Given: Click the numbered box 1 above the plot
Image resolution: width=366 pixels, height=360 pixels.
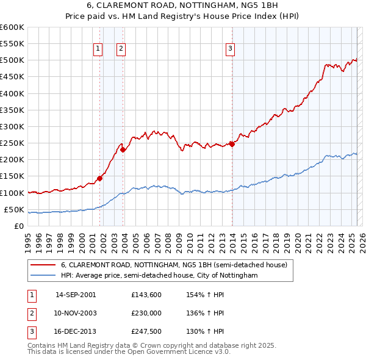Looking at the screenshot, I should click(x=98, y=49).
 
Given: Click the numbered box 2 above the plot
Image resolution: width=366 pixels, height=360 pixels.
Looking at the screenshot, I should click(x=121, y=49).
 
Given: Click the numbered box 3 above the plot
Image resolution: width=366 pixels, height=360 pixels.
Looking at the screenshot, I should click(x=231, y=49).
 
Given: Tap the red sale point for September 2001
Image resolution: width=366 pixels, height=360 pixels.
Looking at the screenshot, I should click(x=100, y=179).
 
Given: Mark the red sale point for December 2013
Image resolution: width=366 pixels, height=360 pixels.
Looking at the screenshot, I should click(x=232, y=144).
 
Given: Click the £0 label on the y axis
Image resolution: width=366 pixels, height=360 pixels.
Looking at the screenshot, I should click(x=18, y=226).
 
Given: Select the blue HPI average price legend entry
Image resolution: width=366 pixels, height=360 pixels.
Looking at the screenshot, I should click(x=159, y=276).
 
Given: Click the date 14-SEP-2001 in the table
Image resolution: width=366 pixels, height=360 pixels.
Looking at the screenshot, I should click(x=76, y=295).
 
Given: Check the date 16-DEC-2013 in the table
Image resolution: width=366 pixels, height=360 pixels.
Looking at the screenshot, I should click(x=76, y=331).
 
